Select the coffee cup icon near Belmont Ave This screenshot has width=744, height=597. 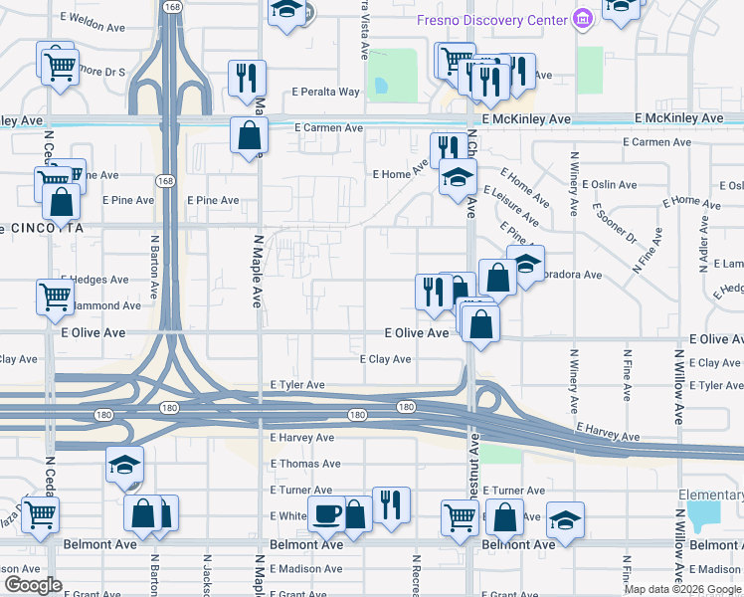click(326, 513)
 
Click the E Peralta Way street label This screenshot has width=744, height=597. click(325, 92)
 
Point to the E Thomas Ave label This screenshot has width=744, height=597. click(305, 464)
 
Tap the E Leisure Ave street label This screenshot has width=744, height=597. click(511, 204)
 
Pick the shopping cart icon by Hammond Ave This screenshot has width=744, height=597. click(55, 295)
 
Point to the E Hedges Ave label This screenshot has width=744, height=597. click(95, 281)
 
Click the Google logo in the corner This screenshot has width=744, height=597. click(34, 585)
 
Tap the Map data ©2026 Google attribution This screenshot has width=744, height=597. click(682, 589)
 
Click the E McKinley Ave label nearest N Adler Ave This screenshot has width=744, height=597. click(679, 118)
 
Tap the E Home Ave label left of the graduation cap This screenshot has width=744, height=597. click(399, 174)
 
